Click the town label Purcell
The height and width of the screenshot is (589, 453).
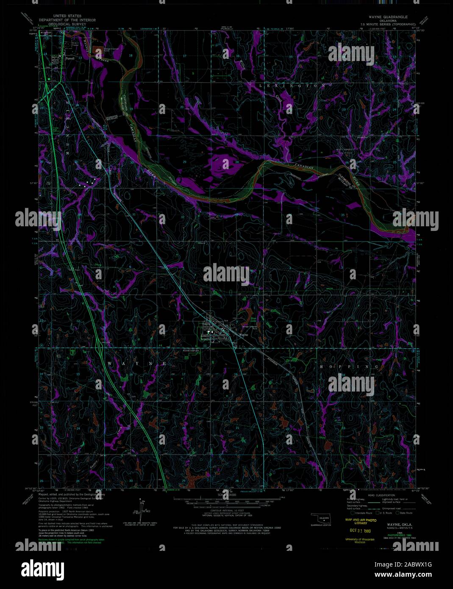click(69, 59)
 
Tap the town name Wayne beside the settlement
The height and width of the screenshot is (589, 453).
click(243, 335)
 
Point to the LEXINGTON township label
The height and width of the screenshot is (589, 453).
click(292, 86)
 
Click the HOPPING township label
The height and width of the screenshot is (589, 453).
click(349, 367)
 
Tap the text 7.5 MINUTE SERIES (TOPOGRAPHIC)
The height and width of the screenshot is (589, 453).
click(386, 25)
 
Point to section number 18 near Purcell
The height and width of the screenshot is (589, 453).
click(131, 56)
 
